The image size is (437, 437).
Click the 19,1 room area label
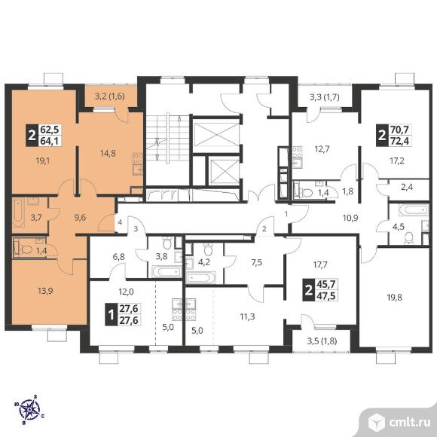[x=42, y=160]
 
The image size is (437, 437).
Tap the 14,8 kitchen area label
[x=108, y=153]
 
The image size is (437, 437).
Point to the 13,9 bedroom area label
[x=45, y=292]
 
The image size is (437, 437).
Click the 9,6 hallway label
[x=80, y=218]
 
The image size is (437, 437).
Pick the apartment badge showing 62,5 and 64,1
[x=44, y=136]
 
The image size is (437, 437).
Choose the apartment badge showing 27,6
[x=123, y=314]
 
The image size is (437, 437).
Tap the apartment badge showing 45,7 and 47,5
[x=320, y=290]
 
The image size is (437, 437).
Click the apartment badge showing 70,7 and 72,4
[x=394, y=136]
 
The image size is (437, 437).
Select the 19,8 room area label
[x=394, y=298]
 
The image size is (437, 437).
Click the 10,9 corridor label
[x=350, y=218]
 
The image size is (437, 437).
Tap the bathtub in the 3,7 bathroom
[x=18, y=213]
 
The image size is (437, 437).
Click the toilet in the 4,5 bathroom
[x=408, y=238]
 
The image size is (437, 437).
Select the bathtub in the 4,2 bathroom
[x=201, y=277]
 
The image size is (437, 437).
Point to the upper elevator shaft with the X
[x=216, y=135]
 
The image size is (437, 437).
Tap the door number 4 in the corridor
[x=120, y=222]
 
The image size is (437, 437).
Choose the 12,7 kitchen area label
[x=322, y=149]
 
